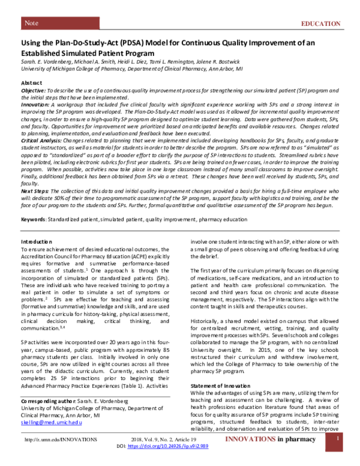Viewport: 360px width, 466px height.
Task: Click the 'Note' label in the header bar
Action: coord(31,23)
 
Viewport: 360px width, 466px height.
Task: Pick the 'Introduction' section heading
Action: coord(37,241)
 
